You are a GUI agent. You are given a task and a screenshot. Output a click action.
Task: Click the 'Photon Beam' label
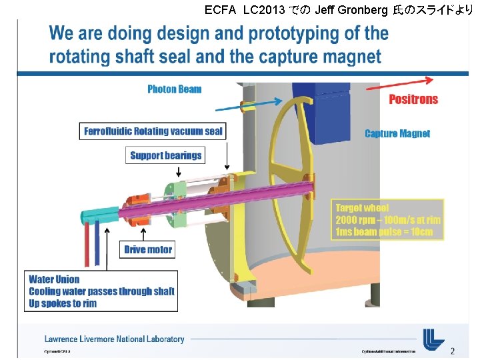(x=174, y=89)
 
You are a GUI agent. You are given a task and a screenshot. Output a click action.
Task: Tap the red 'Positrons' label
(x=413, y=99)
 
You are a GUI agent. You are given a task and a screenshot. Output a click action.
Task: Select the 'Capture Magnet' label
(x=397, y=133)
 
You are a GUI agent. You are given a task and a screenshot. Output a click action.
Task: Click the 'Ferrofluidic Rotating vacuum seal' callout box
(x=153, y=131)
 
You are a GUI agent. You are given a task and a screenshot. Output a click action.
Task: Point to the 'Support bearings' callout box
(x=165, y=155)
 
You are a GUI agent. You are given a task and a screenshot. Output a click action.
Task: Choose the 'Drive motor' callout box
(x=148, y=250)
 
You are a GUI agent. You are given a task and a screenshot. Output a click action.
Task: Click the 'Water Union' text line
(x=54, y=279)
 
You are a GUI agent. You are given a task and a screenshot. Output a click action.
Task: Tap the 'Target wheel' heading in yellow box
(x=362, y=208)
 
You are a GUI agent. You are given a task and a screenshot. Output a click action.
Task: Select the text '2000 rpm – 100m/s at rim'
(x=387, y=220)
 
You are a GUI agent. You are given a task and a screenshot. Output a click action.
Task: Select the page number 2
(x=453, y=351)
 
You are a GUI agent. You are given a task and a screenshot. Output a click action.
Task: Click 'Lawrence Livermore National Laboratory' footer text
(x=114, y=339)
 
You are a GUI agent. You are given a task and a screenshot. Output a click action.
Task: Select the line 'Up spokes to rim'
(x=63, y=303)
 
